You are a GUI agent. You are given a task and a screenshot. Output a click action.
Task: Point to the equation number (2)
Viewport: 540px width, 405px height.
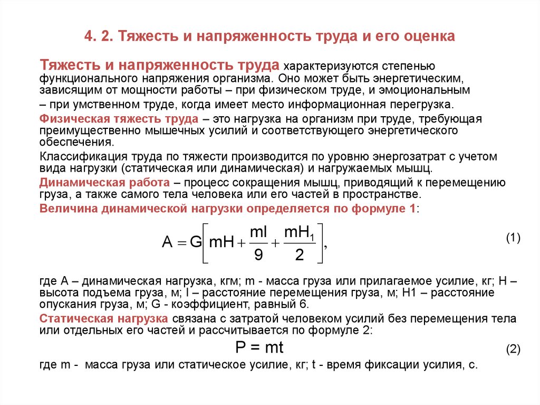[514, 349]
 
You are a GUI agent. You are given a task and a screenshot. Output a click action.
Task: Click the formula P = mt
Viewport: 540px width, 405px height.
[259, 347]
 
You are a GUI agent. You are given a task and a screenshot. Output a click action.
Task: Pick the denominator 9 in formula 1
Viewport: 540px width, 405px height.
[258, 255]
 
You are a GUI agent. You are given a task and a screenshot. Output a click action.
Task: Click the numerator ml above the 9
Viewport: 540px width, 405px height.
[258, 232]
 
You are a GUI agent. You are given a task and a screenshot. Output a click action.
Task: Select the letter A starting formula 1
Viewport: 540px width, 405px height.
[168, 243]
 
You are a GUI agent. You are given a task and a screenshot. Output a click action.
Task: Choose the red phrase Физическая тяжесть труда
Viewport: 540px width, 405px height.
[119, 119]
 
